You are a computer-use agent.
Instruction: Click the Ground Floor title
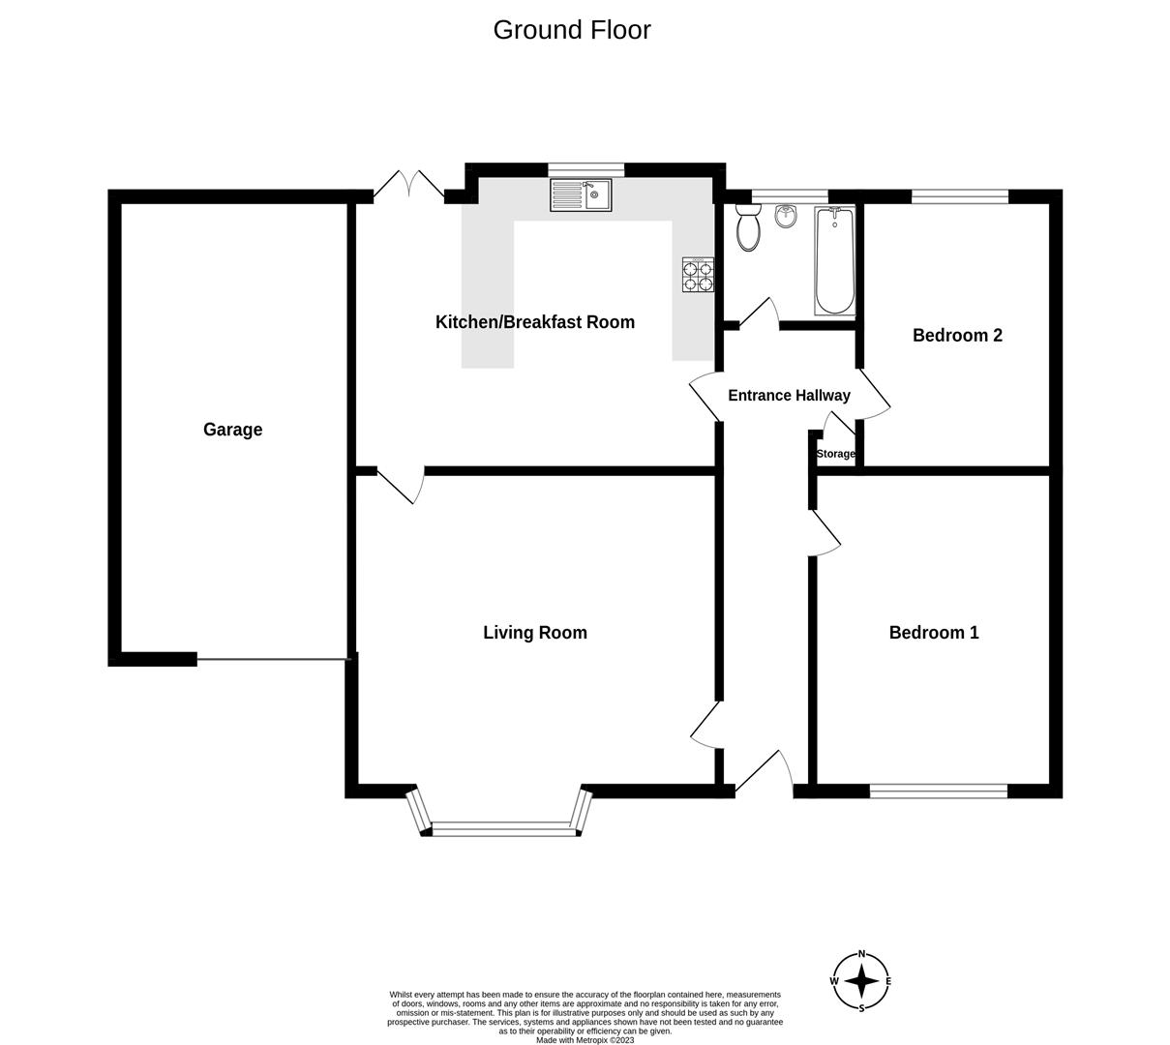pyautogui.click(x=571, y=30)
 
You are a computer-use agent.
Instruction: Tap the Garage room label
pyautogui.click(x=232, y=430)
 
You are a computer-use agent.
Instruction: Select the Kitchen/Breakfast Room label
pyautogui.click(x=534, y=322)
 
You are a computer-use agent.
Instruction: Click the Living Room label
pyautogui.click(x=534, y=633)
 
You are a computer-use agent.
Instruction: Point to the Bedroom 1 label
pyautogui.click(x=933, y=633)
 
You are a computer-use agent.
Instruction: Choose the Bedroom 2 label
pyautogui.click(x=956, y=336)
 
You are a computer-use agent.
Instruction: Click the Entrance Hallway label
pyautogui.click(x=788, y=396)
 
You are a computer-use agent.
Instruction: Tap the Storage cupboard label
pyautogui.click(x=835, y=454)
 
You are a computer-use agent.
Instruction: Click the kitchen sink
pyautogui.click(x=581, y=194)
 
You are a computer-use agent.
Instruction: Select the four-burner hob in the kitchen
pyautogui.click(x=698, y=275)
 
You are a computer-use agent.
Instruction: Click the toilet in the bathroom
pyautogui.click(x=748, y=228)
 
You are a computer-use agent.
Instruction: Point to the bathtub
pyautogui.click(x=834, y=261)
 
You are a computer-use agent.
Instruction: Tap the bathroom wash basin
pyautogui.click(x=786, y=218)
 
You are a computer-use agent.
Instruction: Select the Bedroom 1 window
pyautogui.click(x=938, y=791)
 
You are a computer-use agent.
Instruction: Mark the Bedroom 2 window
pyautogui.click(x=959, y=196)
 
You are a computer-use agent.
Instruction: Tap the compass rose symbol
pyautogui.click(x=860, y=981)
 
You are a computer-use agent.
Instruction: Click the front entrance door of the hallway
pyautogui.click(x=765, y=774)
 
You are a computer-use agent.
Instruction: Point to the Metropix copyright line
pyautogui.click(x=585, y=1040)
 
